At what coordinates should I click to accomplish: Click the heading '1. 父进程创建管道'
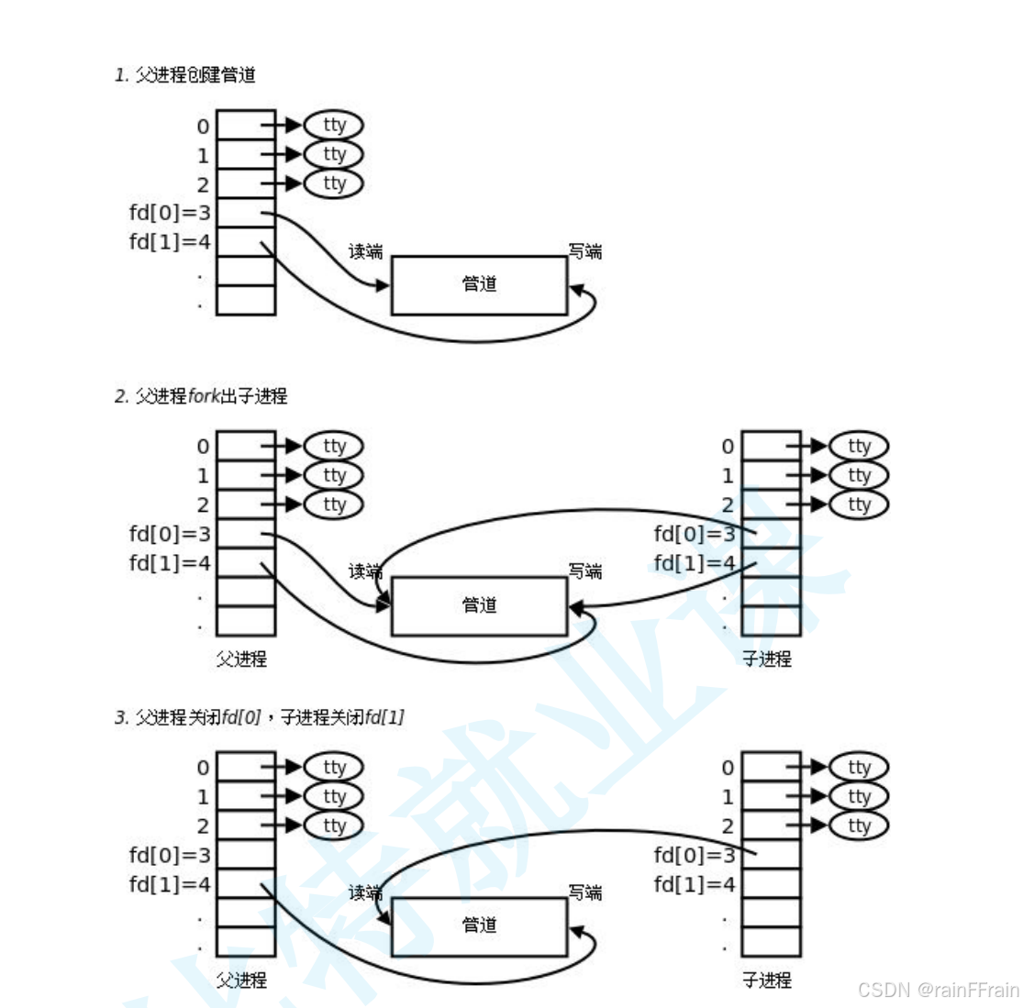tap(185, 75)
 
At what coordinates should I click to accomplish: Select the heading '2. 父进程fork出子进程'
tap(201, 396)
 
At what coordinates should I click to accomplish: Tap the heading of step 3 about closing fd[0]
tap(260, 717)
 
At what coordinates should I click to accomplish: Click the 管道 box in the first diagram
tap(479, 285)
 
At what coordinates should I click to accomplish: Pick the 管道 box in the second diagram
tap(479, 606)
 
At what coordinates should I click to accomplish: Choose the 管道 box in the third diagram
tap(479, 926)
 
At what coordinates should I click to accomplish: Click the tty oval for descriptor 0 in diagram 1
tap(333, 126)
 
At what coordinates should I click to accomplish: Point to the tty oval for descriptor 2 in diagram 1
tap(333, 183)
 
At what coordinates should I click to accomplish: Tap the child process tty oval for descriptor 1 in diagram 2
tap(859, 475)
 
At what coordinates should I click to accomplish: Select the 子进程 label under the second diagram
tap(767, 659)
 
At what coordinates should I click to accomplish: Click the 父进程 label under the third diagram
tap(241, 980)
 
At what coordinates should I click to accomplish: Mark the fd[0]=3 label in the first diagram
tap(170, 213)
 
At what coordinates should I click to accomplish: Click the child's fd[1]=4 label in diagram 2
tap(695, 562)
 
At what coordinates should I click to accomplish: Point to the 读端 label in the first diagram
tap(365, 251)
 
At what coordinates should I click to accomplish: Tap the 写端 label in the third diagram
tap(585, 892)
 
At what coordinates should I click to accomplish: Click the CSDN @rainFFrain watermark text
tap(938, 991)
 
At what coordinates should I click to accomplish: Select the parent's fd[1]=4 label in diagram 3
tap(170, 884)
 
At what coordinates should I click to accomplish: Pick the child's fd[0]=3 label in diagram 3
tap(695, 855)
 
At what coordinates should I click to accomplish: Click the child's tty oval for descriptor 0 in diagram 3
tap(859, 768)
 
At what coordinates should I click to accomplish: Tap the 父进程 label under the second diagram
tap(241, 659)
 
